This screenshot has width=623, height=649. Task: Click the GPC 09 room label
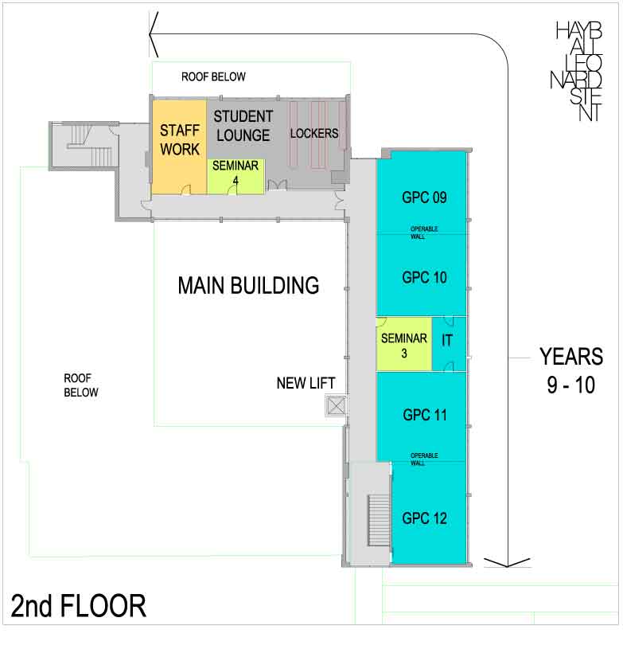[x=423, y=197]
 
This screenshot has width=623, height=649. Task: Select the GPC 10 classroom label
[x=423, y=278]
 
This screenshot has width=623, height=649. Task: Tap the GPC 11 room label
[x=423, y=415]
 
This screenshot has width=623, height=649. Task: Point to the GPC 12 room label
[x=423, y=518]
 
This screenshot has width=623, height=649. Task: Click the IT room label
[x=447, y=339]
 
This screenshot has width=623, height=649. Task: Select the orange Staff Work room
[x=179, y=139]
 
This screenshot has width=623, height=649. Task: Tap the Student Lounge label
[x=243, y=126]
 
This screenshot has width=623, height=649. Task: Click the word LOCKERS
[x=314, y=133]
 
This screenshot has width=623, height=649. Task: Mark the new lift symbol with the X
[x=336, y=407]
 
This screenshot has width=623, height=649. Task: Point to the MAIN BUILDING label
[x=248, y=284]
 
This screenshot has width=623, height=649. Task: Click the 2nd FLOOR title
[x=79, y=606]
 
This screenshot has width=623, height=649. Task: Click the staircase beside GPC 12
[x=376, y=521]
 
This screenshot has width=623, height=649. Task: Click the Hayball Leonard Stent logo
[x=578, y=72]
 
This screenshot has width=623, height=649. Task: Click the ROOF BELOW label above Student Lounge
[x=213, y=77]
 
